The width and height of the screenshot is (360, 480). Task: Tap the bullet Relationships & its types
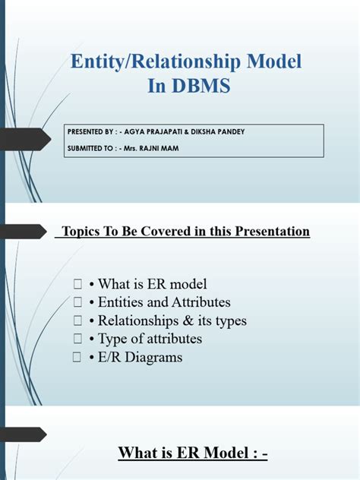(168, 321)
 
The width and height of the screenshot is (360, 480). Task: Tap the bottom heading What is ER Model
(193, 453)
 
